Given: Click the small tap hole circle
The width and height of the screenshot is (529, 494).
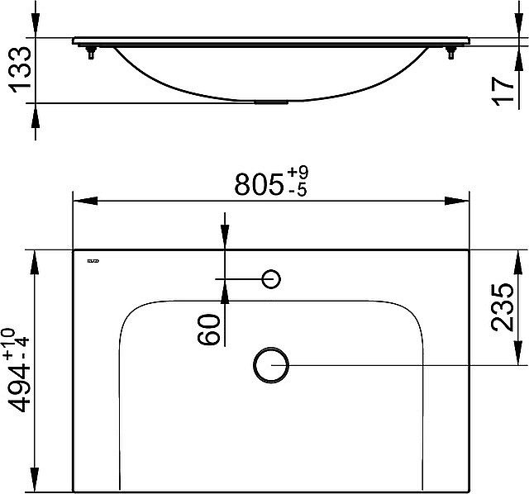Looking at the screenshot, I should tap(271, 279).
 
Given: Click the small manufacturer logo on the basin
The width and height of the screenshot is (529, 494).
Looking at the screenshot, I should tap(93, 263).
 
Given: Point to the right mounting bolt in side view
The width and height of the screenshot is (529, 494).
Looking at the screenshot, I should tap(450, 55).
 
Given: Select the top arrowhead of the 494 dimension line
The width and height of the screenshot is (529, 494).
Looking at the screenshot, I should tap(34, 258).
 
